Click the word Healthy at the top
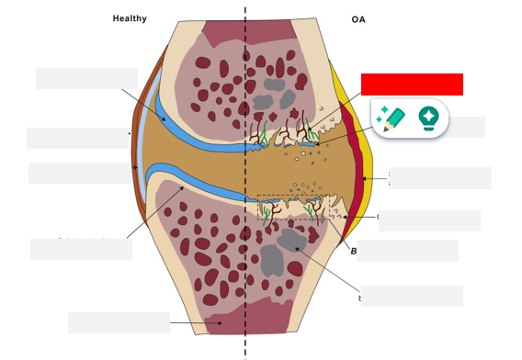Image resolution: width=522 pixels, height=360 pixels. [130, 18]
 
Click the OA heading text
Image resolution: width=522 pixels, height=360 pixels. [357, 18]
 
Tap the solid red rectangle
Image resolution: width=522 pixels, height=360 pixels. [412, 84]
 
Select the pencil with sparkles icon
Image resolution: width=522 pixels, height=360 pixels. [391, 118]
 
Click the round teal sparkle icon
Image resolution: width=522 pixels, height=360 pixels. [427, 118]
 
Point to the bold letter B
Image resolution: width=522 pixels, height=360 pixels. [353, 250]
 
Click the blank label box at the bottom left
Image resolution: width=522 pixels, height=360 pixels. [119, 322]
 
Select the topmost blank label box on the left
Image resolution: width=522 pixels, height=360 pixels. [86, 78]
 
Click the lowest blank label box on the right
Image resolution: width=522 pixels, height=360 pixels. [412, 296]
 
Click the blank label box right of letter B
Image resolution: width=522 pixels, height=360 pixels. [407, 250]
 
